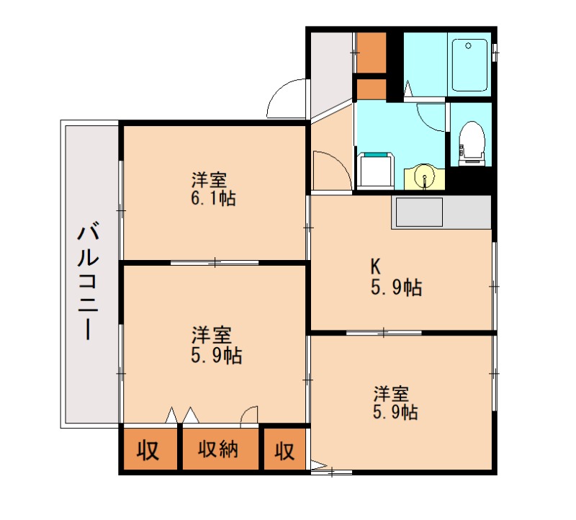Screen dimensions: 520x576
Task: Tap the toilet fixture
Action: pyautogui.click(x=471, y=140)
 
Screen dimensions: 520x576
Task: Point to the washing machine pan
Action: pyautogui.click(x=374, y=170)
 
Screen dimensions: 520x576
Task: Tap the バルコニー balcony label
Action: pyautogui.click(x=89, y=281)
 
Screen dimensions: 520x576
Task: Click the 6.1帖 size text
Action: pyautogui.click(x=214, y=197)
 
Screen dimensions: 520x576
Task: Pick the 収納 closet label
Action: pyautogui.click(x=218, y=451)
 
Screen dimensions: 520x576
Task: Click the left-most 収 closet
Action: pyautogui.click(x=148, y=451)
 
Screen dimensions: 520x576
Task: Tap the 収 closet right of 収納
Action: pyautogui.click(x=284, y=451)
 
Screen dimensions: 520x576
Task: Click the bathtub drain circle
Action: pyautogui.click(x=468, y=46)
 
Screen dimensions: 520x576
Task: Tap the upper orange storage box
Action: pyautogui.click(x=371, y=52)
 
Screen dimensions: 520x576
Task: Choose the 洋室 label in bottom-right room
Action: pyautogui.click(x=391, y=394)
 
